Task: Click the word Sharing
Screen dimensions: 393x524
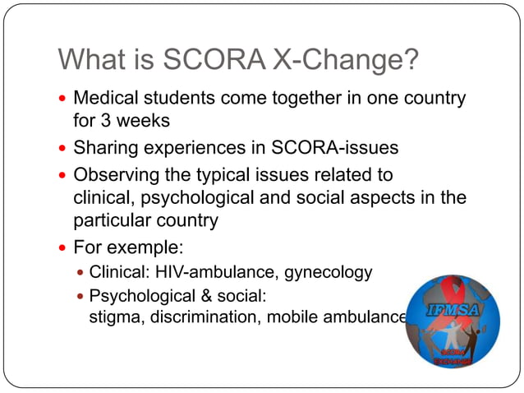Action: pyautogui.click(x=105, y=149)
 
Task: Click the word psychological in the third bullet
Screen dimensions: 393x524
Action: pyautogui.click(x=195, y=198)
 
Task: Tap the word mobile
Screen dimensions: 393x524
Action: pyautogui.click(x=291, y=317)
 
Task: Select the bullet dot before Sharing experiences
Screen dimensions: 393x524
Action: pyautogui.click(x=63, y=150)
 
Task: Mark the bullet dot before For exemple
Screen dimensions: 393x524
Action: pyautogui.click(x=63, y=247)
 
